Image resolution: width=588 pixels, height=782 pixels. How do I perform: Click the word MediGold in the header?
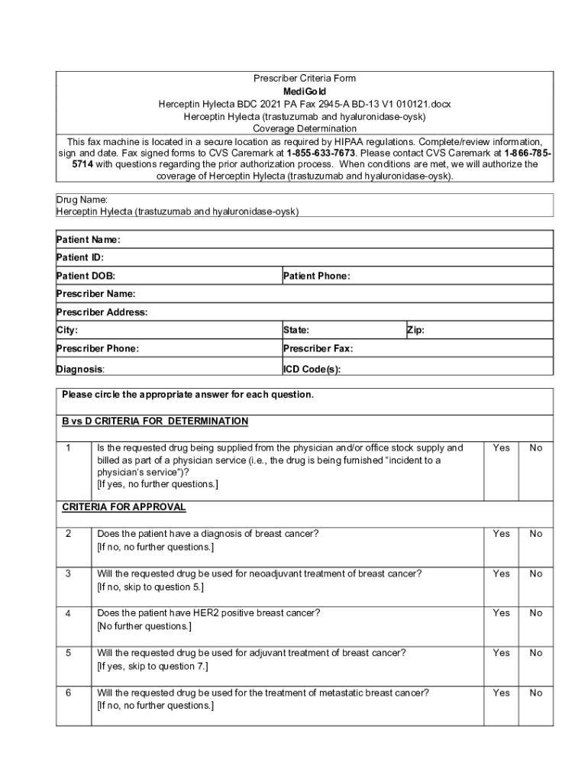click(x=304, y=91)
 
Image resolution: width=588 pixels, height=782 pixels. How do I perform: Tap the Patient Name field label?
click(x=89, y=240)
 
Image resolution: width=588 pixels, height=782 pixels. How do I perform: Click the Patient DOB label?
click(x=86, y=276)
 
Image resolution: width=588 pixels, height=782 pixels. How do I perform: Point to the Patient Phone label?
click(x=316, y=276)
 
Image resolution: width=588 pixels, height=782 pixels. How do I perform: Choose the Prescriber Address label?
click(x=102, y=312)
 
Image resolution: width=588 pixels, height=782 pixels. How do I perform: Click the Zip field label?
click(x=416, y=331)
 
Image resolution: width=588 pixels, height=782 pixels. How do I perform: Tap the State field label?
click(x=296, y=331)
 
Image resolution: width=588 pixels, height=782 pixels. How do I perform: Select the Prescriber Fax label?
click(x=318, y=349)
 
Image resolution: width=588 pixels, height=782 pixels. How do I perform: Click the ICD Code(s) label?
click(x=312, y=369)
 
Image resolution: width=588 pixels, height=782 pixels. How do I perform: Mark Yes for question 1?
click(x=501, y=448)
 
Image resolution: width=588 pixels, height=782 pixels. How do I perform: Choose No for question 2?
click(x=536, y=534)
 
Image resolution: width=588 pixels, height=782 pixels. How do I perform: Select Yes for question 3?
click(x=501, y=574)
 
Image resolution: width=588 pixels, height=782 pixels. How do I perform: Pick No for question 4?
click(x=536, y=613)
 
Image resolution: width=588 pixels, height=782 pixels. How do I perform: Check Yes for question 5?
click(x=501, y=653)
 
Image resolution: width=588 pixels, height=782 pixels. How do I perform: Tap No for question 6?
click(x=536, y=693)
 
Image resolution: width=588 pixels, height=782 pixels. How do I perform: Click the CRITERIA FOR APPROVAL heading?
click(x=124, y=507)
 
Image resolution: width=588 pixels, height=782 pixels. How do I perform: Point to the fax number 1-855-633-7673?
click(x=321, y=153)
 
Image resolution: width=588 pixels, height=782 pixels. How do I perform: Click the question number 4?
click(x=69, y=613)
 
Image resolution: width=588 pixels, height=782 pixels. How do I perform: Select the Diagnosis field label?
click(x=80, y=369)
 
